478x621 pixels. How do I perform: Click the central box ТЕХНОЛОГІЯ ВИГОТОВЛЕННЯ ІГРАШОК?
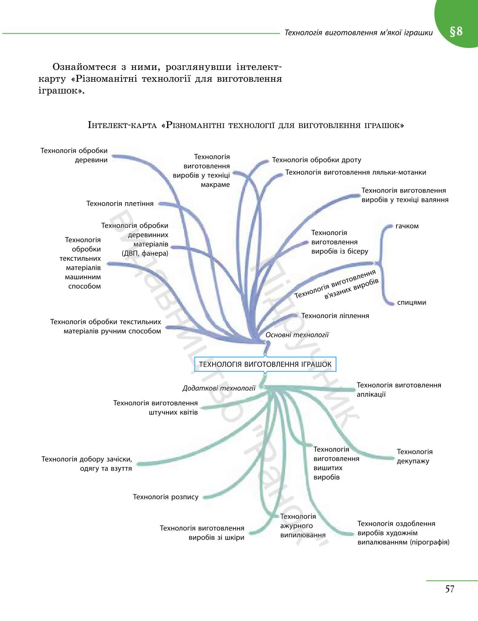click(265, 364)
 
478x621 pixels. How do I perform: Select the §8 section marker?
click(456, 31)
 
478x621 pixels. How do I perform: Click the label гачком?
click(407, 226)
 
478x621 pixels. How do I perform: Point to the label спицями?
click(411, 302)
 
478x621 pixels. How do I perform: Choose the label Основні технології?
click(297, 335)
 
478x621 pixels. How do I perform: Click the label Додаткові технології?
click(219, 388)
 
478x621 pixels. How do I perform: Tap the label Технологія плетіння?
click(120, 203)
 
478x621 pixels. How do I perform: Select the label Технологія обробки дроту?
click(316, 160)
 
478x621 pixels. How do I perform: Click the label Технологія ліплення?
click(335, 316)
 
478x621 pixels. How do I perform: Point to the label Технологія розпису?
click(166, 497)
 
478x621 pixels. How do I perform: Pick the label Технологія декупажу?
click(414, 456)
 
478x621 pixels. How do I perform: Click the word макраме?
click(215, 185)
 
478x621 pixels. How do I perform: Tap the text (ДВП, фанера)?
click(145, 253)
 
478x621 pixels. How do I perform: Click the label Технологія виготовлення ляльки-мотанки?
click(356, 172)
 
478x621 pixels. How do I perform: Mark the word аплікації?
click(371, 394)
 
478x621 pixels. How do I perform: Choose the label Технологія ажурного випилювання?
click(303, 526)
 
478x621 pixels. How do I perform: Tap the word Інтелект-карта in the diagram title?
click(122, 125)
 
